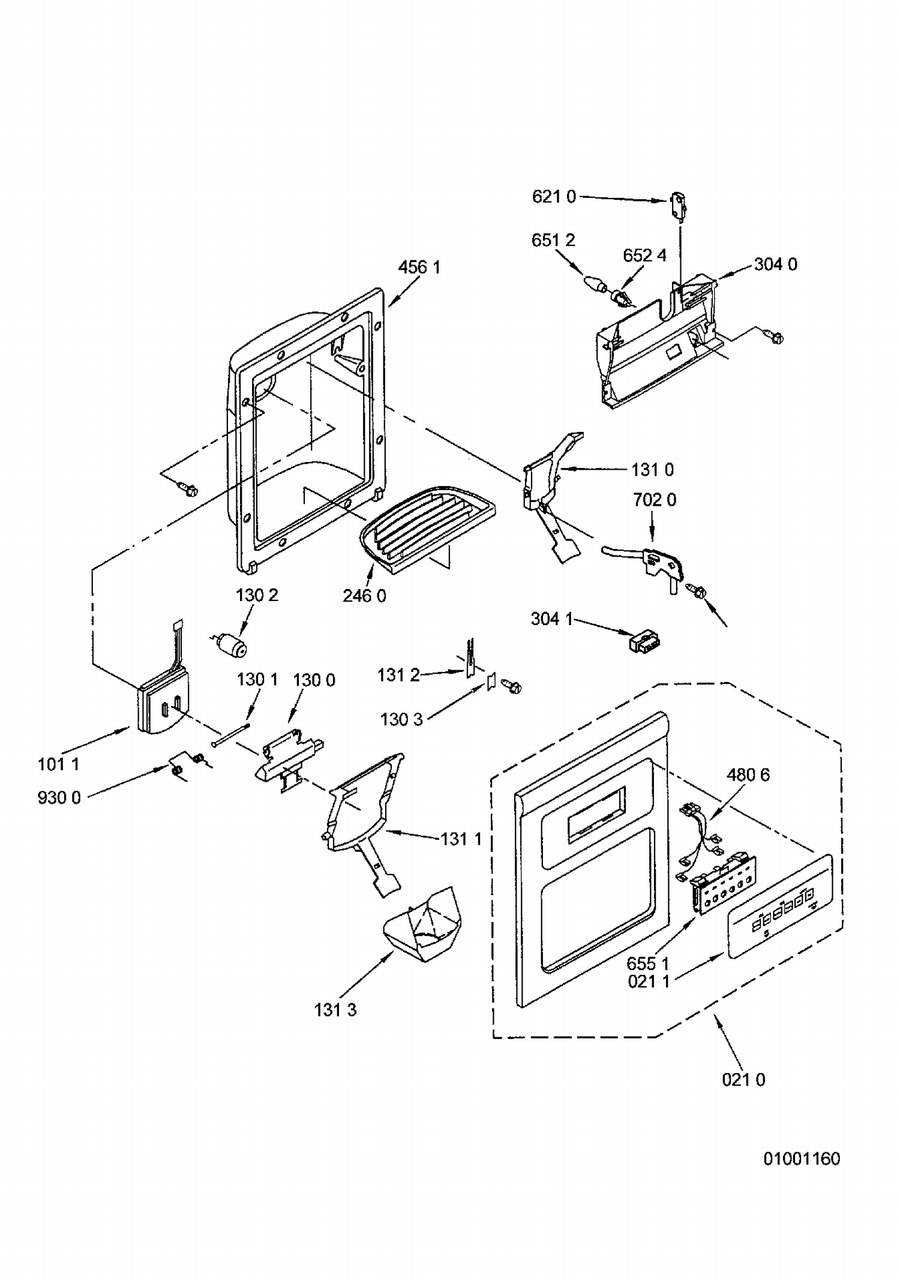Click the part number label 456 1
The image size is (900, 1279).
[x=419, y=267]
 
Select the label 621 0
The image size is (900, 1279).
[x=554, y=196]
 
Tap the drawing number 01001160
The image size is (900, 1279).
[x=802, y=1158]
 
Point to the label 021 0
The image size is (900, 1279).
[x=743, y=1079]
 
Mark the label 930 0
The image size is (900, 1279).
[x=59, y=797]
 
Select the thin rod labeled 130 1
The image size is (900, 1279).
[x=230, y=735]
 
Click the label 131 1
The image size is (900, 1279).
[x=461, y=838]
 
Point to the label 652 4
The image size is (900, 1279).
[x=644, y=255]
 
